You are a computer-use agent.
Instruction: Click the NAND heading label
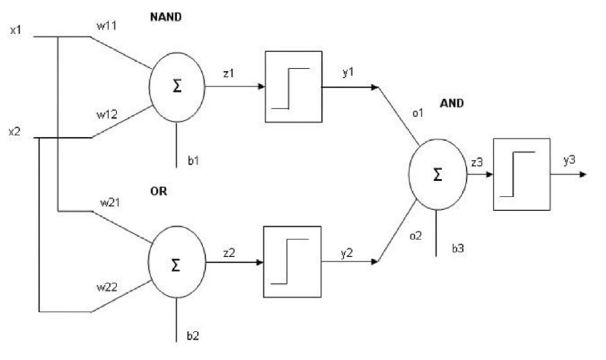(x=166, y=17)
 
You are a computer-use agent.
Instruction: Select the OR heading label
(x=159, y=191)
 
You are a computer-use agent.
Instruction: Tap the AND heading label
(x=452, y=103)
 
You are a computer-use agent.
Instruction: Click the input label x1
(x=15, y=30)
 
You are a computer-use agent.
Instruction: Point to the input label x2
(x=14, y=132)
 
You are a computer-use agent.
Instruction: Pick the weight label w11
(x=107, y=26)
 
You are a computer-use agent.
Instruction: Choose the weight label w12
(x=107, y=114)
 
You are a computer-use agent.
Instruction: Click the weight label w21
(x=110, y=203)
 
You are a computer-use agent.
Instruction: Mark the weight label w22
(x=107, y=287)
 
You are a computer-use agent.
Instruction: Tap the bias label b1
(x=193, y=161)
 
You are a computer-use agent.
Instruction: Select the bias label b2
(x=193, y=336)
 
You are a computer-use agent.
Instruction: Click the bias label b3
(x=458, y=248)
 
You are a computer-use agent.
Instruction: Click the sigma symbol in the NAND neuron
(x=177, y=86)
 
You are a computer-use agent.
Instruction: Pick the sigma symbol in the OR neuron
(x=176, y=265)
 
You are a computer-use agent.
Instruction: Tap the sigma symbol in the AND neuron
(x=437, y=175)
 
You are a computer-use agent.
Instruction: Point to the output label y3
(x=569, y=160)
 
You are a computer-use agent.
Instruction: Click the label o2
(x=416, y=236)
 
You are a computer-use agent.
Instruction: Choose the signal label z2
(x=229, y=253)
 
